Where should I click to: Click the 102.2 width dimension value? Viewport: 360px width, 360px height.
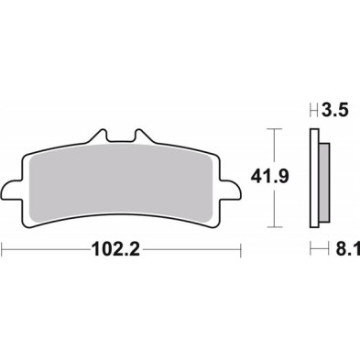pyautogui.click(x=122, y=248)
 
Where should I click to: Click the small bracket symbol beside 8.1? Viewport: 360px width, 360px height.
pyautogui.click(x=315, y=248)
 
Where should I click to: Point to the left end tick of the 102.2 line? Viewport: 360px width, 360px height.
pyautogui.click(x=3, y=248)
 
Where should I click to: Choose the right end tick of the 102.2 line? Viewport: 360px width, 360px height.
pyautogui.click(x=242, y=248)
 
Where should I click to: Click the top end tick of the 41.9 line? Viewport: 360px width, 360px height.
pyautogui.click(x=270, y=129)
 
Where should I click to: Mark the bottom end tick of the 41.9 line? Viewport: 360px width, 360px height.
pyautogui.click(x=270, y=225)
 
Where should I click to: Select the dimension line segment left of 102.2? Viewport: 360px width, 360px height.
pyautogui.click(x=46, y=248)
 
